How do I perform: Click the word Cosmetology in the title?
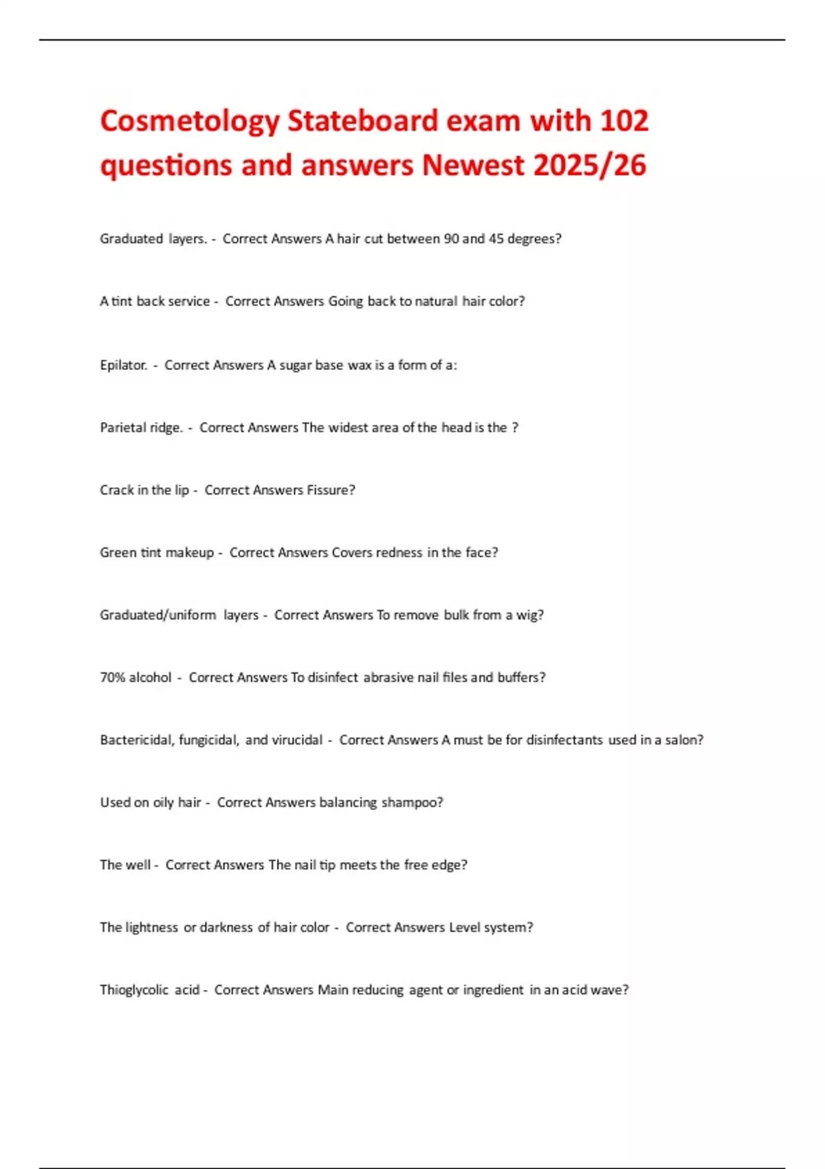[190, 122]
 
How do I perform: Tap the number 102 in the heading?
[624, 121]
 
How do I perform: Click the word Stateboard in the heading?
[362, 121]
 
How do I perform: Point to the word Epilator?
[124, 365]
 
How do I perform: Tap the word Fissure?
[331, 490]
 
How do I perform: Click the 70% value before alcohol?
[112, 677]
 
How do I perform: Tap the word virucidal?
[297, 740]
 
